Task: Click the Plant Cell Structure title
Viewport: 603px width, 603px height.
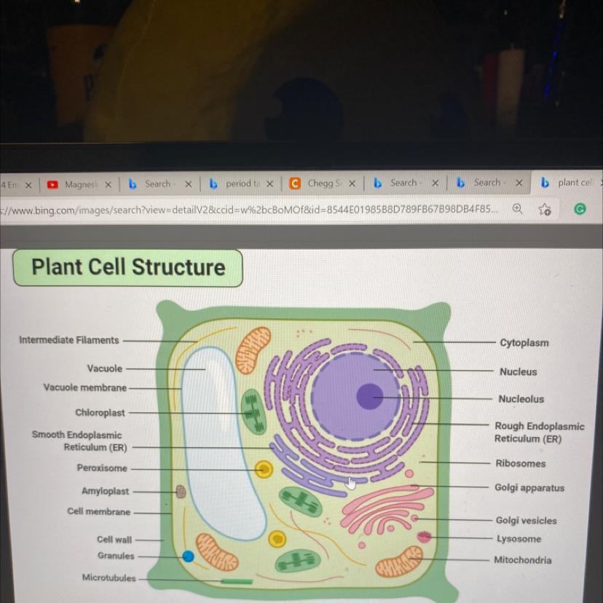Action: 128,267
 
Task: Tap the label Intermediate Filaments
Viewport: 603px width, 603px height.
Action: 68,340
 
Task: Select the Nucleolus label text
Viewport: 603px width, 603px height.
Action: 521,399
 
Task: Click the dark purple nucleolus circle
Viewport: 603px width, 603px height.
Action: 369,397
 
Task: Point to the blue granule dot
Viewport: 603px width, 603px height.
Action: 188,556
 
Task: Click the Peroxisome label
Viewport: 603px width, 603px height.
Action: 102,468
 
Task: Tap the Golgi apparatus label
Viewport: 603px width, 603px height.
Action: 529,488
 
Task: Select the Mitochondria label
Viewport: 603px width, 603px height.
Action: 522,560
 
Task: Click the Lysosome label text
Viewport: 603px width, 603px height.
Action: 519,539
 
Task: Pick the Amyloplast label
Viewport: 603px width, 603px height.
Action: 105,492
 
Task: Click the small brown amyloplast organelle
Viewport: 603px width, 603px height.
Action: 181,492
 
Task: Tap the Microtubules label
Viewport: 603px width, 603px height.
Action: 109,578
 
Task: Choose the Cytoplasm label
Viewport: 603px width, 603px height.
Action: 524,343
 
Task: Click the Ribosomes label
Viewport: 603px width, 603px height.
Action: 520,463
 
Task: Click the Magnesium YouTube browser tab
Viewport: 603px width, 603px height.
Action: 79,184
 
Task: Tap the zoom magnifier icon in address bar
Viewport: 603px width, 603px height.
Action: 516,209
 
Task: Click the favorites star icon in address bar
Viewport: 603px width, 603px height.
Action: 544,210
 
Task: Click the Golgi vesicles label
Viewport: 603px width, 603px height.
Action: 526,521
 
